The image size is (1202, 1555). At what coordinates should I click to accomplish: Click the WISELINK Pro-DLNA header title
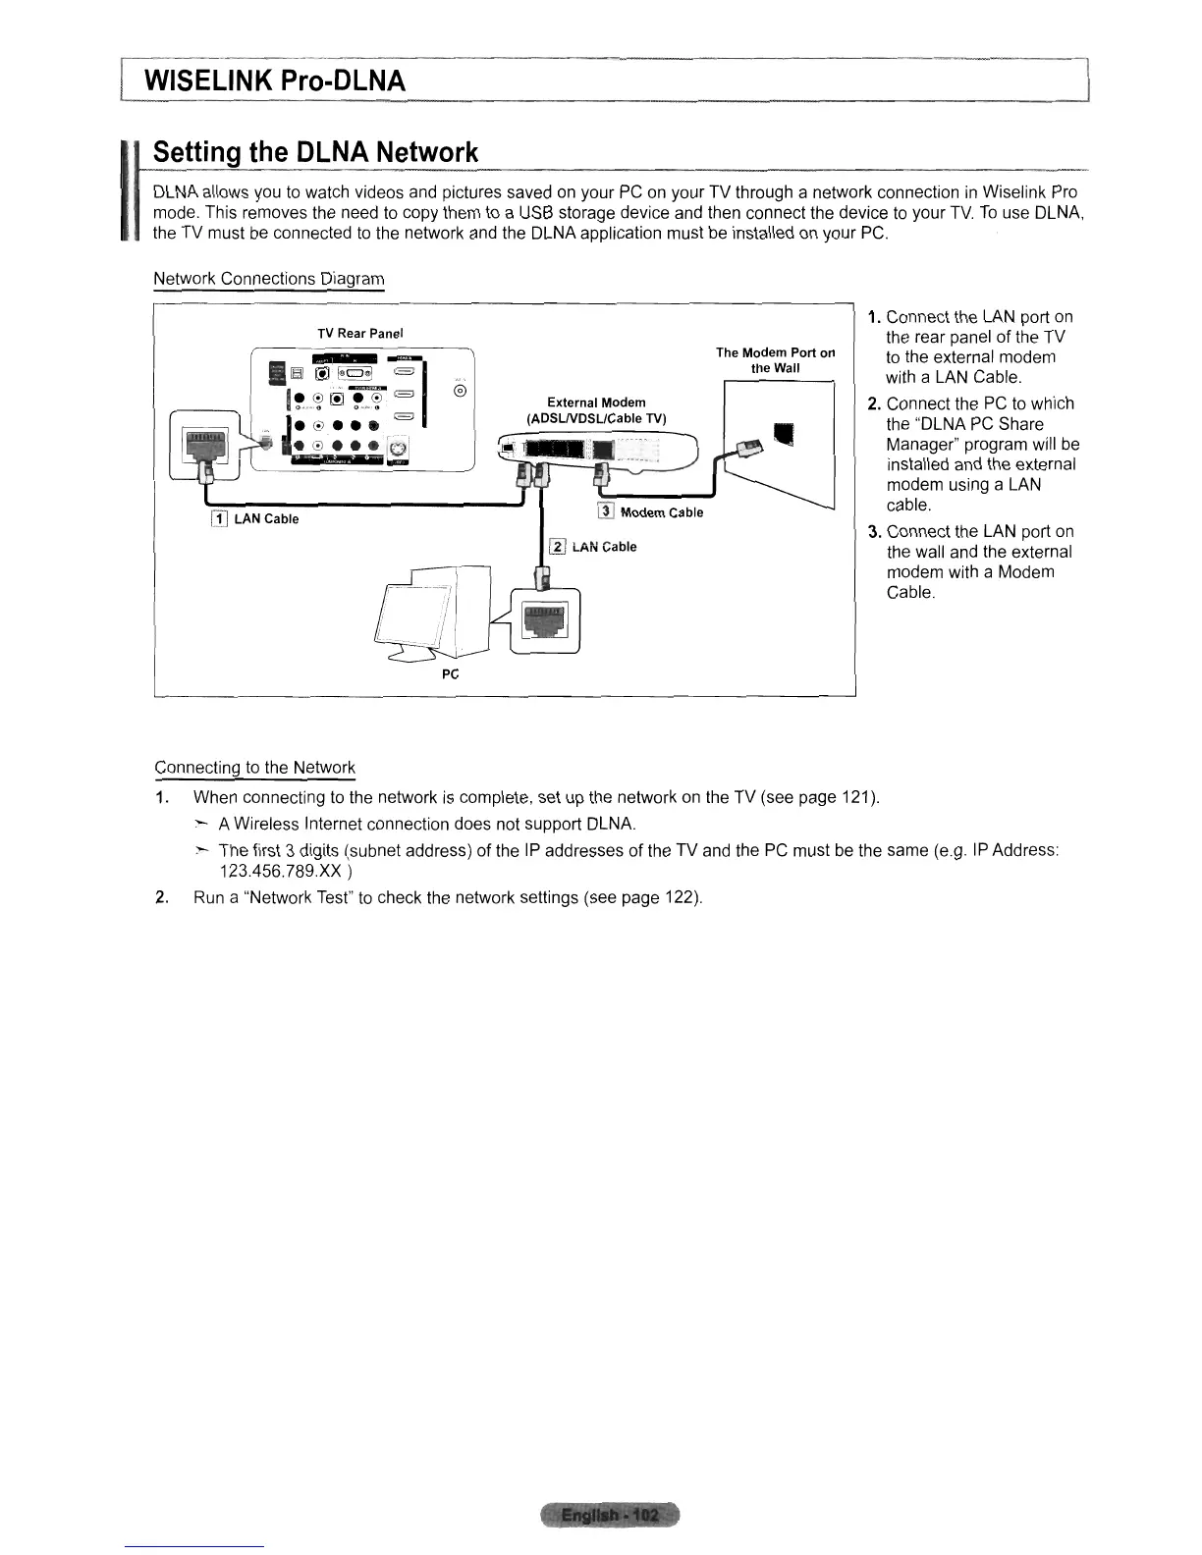tap(274, 80)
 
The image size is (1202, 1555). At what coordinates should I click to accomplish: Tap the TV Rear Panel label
tap(359, 334)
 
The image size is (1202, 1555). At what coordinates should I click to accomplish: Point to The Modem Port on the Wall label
tap(775, 360)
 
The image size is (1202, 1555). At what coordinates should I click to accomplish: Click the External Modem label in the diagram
tap(596, 402)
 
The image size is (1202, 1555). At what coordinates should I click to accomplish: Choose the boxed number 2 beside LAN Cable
tap(557, 547)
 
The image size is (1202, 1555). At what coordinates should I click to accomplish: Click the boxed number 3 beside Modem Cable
tap(606, 511)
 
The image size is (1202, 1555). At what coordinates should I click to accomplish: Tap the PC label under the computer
tap(451, 674)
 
